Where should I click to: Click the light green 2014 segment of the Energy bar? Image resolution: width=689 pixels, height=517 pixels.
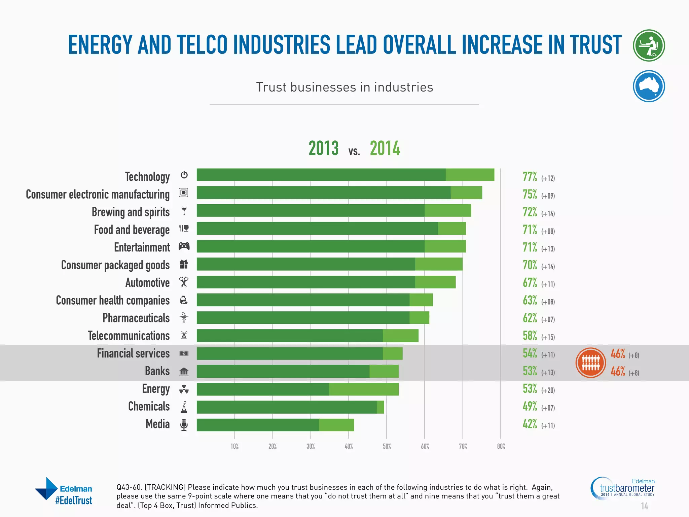click(363, 389)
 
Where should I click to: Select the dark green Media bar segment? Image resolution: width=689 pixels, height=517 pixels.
click(257, 425)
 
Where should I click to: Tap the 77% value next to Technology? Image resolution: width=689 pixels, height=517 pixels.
click(530, 177)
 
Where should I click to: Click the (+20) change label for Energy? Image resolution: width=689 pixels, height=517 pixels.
click(548, 390)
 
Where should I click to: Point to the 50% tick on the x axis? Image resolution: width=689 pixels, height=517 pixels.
click(387, 446)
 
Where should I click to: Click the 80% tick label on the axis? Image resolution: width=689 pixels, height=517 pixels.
click(501, 446)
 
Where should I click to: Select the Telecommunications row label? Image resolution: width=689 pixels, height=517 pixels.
click(129, 336)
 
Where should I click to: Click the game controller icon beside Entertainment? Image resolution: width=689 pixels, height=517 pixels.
click(184, 246)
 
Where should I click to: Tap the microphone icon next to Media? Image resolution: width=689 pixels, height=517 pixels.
click(184, 425)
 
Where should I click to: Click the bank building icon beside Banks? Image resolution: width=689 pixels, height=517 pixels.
click(184, 372)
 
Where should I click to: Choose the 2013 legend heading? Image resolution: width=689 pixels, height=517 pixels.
click(323, 148)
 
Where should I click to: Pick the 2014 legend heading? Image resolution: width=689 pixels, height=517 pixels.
click(385, 148)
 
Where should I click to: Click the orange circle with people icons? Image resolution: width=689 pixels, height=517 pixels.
click(590, 363)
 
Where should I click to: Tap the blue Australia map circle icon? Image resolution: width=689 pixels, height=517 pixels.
click(649, 86)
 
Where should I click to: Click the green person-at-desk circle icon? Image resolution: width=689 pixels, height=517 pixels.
click(649, 45)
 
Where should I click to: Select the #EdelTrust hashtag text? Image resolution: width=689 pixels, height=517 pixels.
click(74, 501)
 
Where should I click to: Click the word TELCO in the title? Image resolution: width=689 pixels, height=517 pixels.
click(202, 45)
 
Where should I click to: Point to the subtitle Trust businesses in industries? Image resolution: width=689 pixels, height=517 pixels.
click(344, 87)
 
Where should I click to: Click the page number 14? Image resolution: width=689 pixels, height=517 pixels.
click(644, 506)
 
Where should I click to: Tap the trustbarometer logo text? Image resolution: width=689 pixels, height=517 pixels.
click(627, 488)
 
